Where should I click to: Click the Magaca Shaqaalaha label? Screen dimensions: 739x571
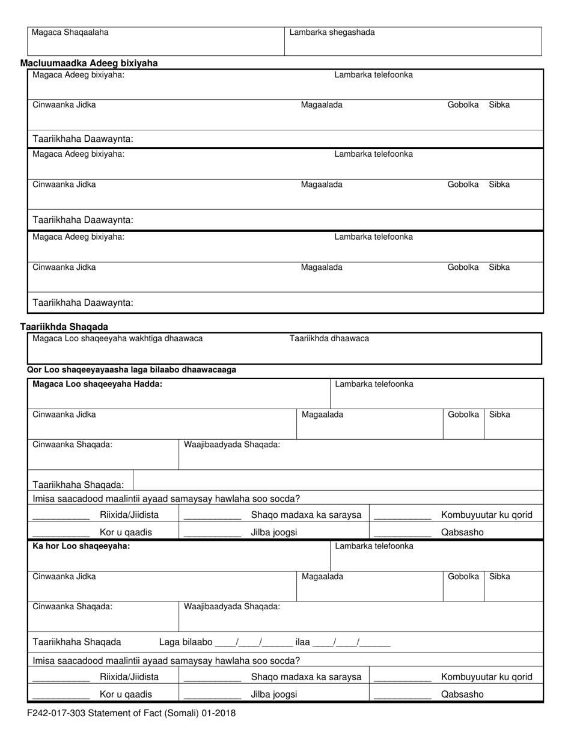[70, 32]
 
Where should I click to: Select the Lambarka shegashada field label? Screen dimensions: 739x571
[332, 32]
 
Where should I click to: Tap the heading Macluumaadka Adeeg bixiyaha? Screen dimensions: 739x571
[89, 63]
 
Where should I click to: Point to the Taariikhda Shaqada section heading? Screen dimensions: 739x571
[64, 327]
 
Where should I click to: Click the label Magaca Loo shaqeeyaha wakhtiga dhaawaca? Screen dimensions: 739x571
[117, 338]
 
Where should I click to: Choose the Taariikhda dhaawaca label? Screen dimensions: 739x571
[329, 338]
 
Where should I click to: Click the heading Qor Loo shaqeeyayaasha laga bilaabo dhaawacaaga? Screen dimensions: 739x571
[132, 369]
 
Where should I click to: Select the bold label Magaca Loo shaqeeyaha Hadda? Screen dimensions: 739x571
[97, 384]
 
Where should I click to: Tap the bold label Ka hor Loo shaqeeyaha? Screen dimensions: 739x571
[81, 546]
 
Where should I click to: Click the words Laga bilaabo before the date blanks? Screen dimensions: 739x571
[185, 642]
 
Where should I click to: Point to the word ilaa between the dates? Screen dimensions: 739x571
[302, 642]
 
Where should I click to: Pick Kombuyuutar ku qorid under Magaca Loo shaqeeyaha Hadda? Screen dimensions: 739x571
[486, 515]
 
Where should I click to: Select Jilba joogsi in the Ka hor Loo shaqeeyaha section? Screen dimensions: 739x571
[273, 695]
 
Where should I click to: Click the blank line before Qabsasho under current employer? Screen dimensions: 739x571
[402, 532]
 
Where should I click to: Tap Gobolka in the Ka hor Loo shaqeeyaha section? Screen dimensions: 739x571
[463, 576]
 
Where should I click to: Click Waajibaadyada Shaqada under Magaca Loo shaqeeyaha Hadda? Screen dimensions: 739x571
[231, 445]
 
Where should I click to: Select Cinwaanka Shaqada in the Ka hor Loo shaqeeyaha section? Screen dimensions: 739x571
[72, 606]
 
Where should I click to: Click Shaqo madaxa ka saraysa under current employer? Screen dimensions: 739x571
[306, 515]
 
